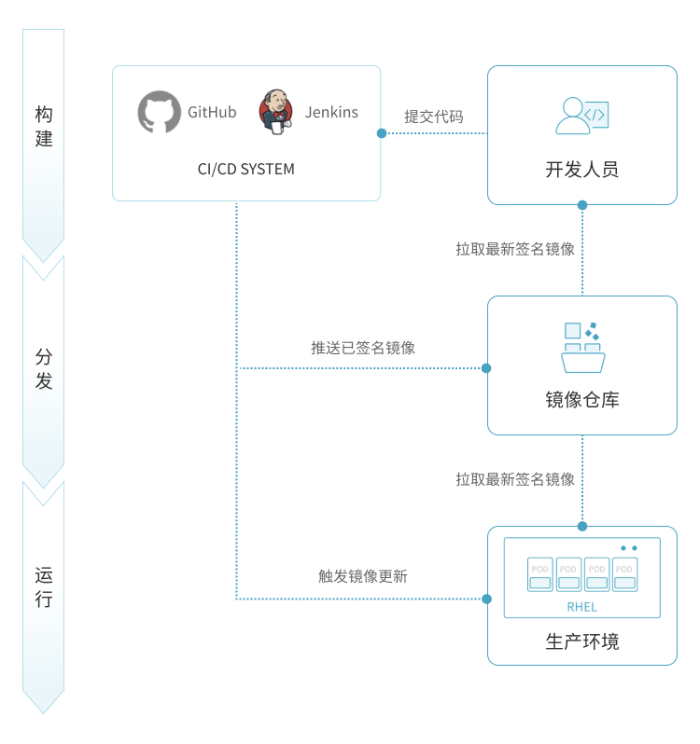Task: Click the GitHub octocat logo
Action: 160,112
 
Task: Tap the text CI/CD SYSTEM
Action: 245,169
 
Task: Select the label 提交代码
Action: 433,117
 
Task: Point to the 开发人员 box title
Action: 581,170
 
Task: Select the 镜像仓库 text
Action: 581,400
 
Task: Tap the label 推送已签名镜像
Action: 362,348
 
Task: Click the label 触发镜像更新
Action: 362,576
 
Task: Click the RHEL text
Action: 581,607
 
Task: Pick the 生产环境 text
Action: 581,641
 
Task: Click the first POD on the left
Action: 540,575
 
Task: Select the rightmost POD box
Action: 624,575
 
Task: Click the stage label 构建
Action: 44,127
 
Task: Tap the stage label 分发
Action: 44,369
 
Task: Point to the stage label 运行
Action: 44,586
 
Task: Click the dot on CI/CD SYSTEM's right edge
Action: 381,133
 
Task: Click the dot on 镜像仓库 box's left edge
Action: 486,367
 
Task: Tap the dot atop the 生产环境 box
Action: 582,526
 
